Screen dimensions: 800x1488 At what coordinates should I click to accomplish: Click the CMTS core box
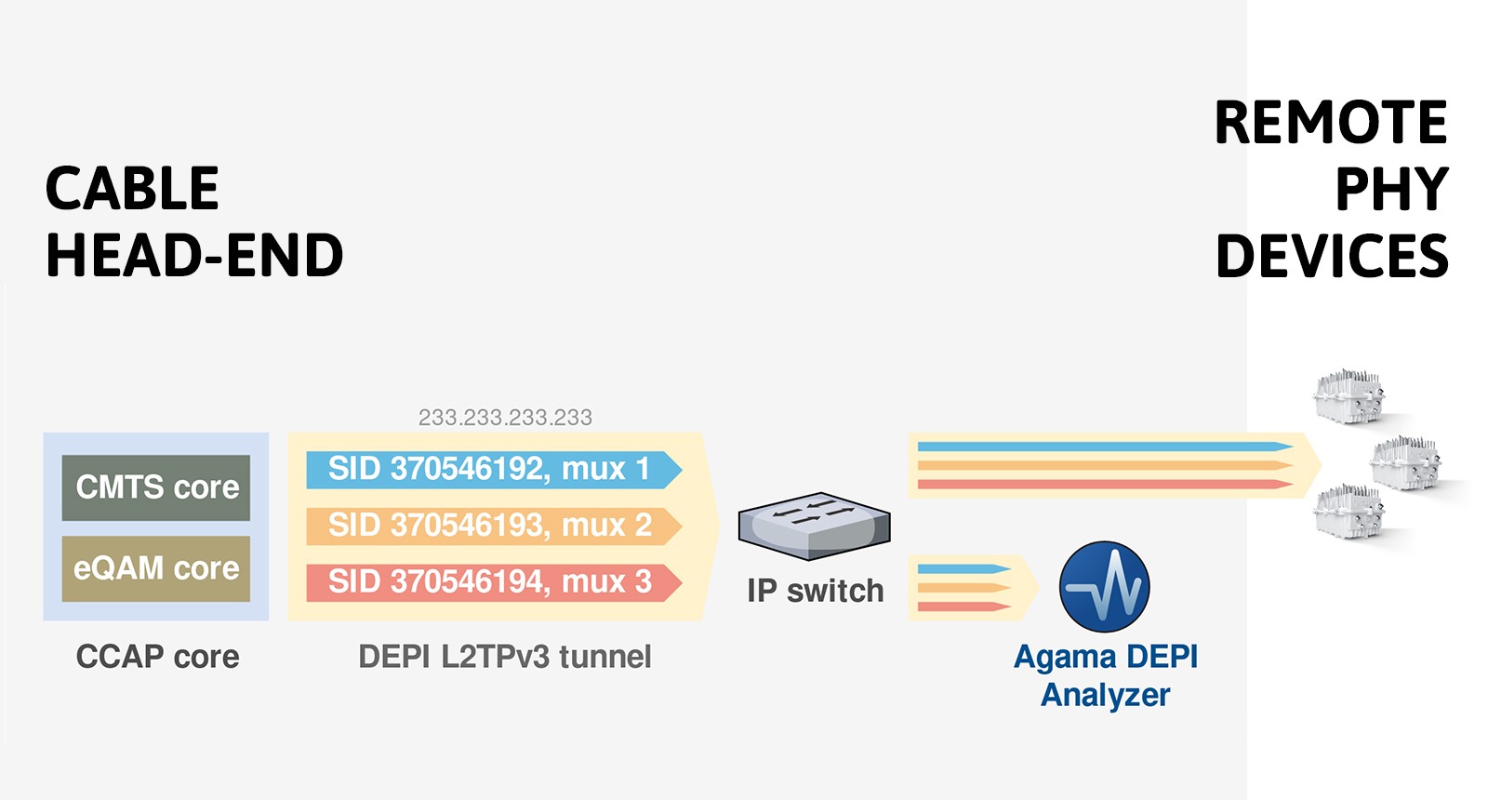coord(156,487)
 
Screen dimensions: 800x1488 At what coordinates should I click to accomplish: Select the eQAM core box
coord(156,568)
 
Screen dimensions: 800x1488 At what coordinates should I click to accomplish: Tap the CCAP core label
coord(157,657)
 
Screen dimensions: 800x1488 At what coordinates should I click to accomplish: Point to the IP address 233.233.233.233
coord(505,418)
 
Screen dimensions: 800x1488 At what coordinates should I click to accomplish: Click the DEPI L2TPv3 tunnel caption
coord(505,657)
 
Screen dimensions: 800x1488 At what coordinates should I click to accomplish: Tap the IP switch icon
coord(815,527)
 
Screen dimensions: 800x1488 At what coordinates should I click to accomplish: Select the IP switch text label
coord(816,591)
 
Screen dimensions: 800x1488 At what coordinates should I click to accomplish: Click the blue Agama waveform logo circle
coord(1105,587)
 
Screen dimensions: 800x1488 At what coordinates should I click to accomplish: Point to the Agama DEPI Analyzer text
coord(1106,675)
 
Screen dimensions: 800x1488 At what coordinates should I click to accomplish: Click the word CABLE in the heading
coord(132,189)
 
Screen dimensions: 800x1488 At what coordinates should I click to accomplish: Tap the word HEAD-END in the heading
coord(194,256)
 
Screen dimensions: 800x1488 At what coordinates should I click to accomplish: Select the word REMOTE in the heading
coord(1331,123)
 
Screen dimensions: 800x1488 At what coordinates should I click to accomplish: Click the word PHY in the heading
coord(1392,190)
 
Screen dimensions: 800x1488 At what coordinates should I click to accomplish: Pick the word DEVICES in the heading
coord(1332,256)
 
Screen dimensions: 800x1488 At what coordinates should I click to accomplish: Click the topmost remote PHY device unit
coord(1349,396)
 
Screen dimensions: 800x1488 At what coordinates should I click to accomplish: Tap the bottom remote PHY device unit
coord(1349,510)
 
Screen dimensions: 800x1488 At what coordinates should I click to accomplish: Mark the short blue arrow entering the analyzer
coord(963,568)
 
